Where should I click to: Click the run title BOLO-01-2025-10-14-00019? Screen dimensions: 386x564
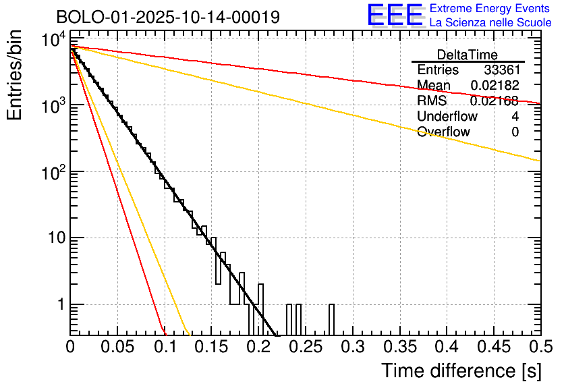coord(168,17)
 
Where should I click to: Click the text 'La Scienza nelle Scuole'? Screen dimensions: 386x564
coord(490,23)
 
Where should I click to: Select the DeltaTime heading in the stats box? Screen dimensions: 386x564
coord(468,54)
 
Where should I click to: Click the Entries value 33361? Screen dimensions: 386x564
coord(501,70)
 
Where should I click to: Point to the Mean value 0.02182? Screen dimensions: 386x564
coord(495,86)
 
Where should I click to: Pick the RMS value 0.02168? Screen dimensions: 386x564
coord(495,101)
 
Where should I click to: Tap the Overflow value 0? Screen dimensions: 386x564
coord(515,132)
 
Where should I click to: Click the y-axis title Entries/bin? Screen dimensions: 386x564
coord(15,76)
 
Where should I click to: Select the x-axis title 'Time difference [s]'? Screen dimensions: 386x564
coord(461,370)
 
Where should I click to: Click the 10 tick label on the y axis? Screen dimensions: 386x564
coord(54,238)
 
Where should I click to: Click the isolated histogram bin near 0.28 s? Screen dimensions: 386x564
coord(331,319)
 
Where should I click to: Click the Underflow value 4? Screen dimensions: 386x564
coord(515,117)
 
